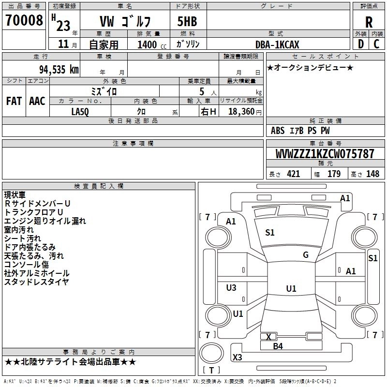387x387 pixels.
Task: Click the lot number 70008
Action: pos(24,20)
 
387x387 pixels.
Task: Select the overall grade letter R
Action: pos(369,22)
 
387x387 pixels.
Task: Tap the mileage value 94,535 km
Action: pos(59,70)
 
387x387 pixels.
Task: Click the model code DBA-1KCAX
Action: pos(277,45)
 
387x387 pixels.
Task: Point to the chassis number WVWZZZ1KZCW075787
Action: pos(325,153)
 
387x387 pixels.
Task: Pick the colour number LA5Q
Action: pos(80,112)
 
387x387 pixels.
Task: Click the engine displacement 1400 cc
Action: pos(152,45)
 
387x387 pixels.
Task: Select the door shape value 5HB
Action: pos(187,21)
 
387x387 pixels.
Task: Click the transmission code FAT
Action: pos(14,101)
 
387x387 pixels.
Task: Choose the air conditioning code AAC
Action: pos(37,101)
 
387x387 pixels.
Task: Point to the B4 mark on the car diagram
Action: pos(278,346)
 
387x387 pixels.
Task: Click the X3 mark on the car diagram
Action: pos(237,357)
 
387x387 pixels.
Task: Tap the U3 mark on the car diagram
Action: pos(231,287)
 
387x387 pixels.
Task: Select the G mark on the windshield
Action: pos(306,255)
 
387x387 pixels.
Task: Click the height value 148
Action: pos(372,174)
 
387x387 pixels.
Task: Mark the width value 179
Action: pos(334,174)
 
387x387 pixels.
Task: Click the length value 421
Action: pos(294,174)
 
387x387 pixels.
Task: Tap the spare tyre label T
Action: pos(211,370)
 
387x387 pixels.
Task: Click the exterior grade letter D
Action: pos(360,44)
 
